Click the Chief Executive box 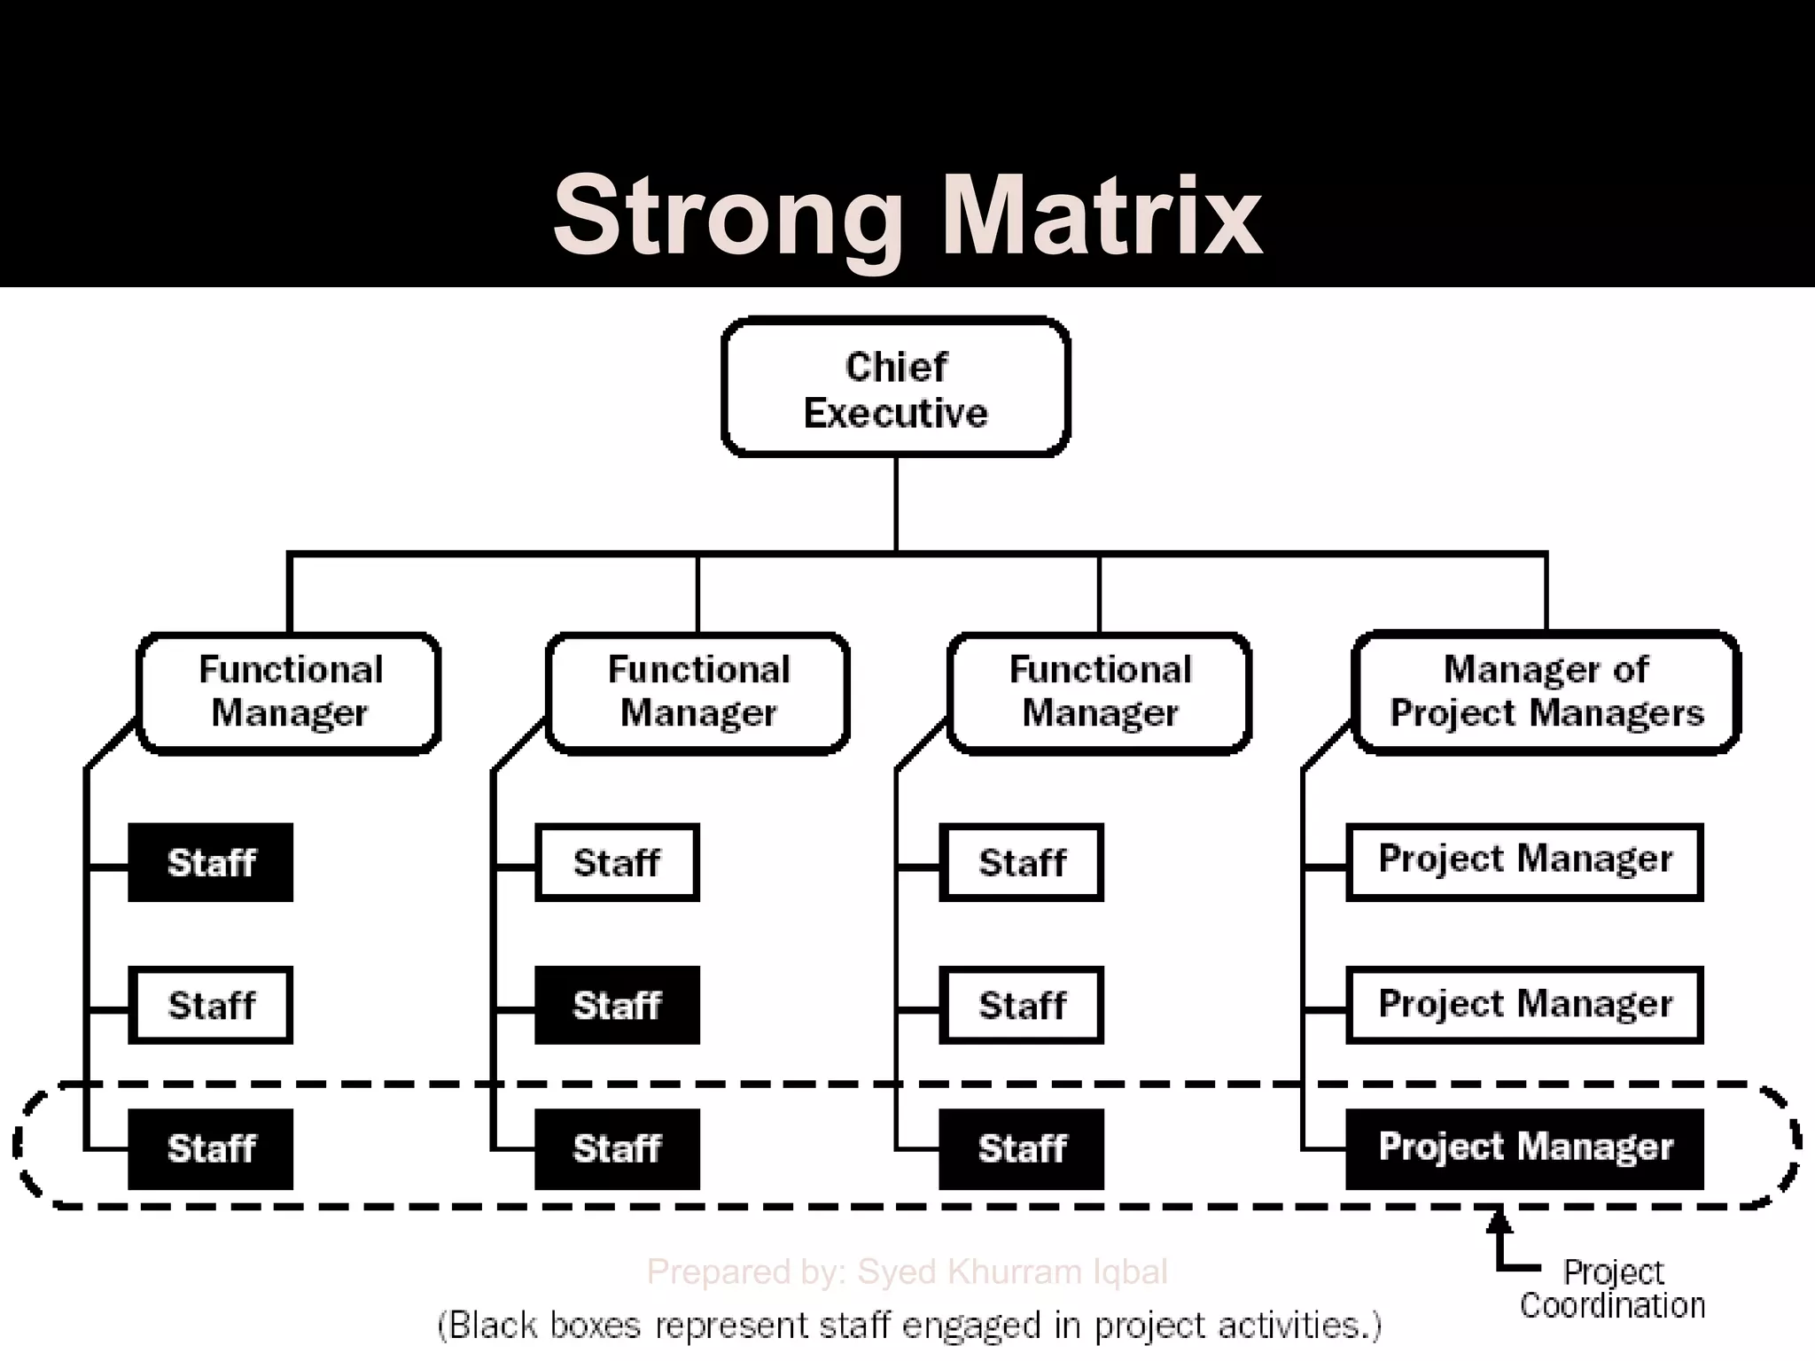tap(896, 387)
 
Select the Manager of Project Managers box tap(1546, 692)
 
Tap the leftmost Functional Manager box tap(289, 692)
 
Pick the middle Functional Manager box tap(698, 692)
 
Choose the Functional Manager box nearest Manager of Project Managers tap(1100, 692)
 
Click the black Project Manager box tap(1524, 1148)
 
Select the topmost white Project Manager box tap(1524, 861)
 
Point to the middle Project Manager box tap(1524, 1005)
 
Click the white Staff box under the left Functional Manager tap(211, 1005)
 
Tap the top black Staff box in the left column tap(211, 862)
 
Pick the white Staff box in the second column tap(617, 862)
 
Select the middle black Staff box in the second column tap(617, 1005)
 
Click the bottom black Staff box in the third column tap(1022, 1148)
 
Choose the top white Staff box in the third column tap(1022, 862)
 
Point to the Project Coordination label tap(1612, 1289)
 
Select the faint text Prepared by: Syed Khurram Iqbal tap(907, 1272)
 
